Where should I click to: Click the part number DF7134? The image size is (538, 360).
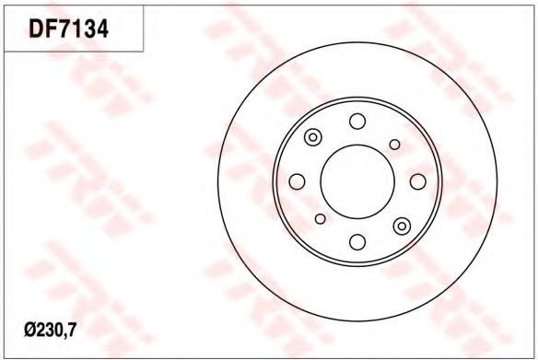click(68, 29)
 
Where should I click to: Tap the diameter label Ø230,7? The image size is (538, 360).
click(50, 331)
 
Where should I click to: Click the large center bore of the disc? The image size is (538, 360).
click(357, 181)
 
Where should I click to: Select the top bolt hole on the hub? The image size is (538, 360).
click(357, 121)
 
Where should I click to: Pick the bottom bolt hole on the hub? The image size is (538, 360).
click(357, 242)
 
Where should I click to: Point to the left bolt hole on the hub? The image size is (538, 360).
click(298, 181)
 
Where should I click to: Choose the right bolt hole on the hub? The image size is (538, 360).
click(418, 181)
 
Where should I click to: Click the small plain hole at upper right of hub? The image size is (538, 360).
click(395, 145)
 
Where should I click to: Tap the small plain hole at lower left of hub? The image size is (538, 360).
click(320, 219)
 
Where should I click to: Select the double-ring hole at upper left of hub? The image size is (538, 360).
click(312, 137)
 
